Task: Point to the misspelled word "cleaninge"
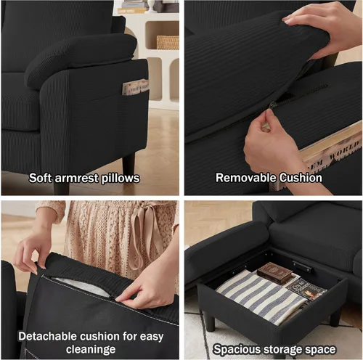91,349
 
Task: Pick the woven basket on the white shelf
168,42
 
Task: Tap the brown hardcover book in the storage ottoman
274,273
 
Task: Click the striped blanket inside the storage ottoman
260,296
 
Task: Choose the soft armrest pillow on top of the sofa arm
80,58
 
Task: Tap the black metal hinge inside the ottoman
303,266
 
